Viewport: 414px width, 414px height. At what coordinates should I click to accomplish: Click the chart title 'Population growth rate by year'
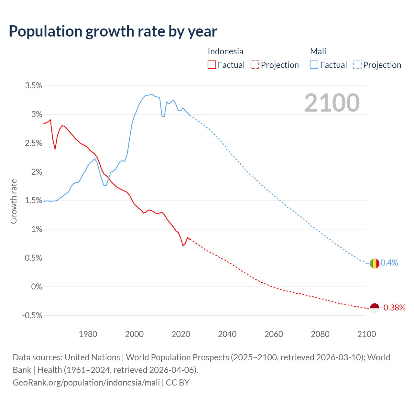(113, 31)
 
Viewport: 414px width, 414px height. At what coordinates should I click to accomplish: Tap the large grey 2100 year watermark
(332, 103)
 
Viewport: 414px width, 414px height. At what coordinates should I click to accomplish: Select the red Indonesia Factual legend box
(212, 65)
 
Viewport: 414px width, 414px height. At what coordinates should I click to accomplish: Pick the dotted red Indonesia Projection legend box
(255, 65)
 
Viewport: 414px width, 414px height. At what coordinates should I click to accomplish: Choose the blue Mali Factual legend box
(314, 65)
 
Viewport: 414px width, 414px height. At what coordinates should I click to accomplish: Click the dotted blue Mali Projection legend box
(357, 65)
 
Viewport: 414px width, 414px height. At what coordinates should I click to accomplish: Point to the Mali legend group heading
(318, 51)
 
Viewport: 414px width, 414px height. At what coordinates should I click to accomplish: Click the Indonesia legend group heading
(225, 51)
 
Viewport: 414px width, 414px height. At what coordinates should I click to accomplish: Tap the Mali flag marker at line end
(374, 263)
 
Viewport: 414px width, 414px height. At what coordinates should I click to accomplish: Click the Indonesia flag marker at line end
(374, 308)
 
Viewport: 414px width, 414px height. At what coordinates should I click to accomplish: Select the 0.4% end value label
(389, 263)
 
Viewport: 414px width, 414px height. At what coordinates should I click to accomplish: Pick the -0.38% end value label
(393, 308)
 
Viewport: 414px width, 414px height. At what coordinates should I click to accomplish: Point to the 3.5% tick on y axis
(34, 86)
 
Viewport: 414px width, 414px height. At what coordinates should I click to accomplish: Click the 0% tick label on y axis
(37, 287)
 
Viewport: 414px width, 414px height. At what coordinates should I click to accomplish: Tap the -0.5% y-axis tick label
(32, 316)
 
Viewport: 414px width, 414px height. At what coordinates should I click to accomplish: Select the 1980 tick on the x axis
(88, 334)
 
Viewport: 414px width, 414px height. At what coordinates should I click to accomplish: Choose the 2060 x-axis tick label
(274, 334)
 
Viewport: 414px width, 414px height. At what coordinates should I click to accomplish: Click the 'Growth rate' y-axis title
(14, 201)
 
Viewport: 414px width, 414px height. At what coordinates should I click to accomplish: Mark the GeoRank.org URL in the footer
(86, 383)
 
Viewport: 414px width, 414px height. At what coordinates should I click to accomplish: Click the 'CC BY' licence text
(178, 383)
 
